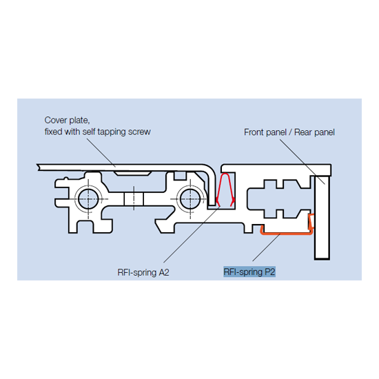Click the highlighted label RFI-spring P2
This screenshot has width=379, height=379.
[x=249, y=272]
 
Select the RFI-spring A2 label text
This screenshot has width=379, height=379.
[x=143, y=272]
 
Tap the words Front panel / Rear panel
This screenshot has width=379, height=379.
[x=289, y=132]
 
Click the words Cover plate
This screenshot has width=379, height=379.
[x=67, y=121]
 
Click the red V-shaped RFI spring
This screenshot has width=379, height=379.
[x=225, y=190]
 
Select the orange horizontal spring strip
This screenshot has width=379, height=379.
[x=287, y=233]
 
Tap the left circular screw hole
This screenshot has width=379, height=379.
[x=88, y=199]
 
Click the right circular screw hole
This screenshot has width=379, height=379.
[x=190, y=199]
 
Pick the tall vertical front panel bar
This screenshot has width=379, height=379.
[x=322, y=218]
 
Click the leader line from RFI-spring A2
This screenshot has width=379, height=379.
[x=192, y=234]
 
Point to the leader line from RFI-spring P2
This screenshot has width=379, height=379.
[x=266, y=247]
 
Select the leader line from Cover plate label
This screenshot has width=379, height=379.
[x=101, y=153]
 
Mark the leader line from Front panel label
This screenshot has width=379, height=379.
[x=303, y=162]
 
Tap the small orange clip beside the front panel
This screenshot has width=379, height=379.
[x=311, y=221]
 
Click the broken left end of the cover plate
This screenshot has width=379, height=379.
[x=38, y=167]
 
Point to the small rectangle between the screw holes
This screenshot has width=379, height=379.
[x=134, y=199]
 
